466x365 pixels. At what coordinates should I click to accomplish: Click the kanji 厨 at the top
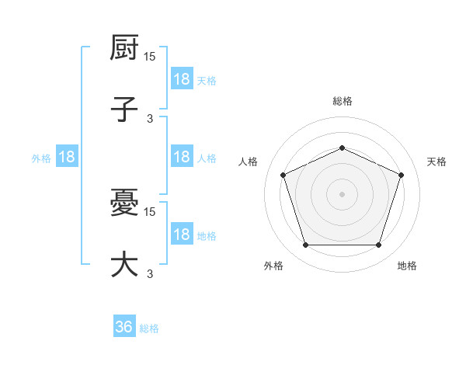(x=124, y=49)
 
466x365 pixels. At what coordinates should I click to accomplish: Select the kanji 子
(x=124, y=109)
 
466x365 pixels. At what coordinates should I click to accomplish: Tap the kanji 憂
(x=124, y=204)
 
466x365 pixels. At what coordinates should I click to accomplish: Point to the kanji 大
(x=124, y=264)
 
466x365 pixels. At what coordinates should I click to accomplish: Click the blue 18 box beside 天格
(x=182, y=79)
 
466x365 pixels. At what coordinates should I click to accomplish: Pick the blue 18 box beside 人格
(x=182, y=157)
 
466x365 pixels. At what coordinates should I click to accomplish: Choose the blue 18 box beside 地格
(x=182, y=235)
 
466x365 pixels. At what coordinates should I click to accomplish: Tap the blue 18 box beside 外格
(x=67, y=157)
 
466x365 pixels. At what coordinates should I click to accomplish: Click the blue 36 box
(x=124, y=327)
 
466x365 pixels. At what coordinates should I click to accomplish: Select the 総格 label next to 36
(x=150, y=328)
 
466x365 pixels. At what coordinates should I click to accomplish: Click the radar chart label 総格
(x=343, y=101)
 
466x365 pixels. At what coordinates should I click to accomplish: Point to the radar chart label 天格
(x=436, y=162)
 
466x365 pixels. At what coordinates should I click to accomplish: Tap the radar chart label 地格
(x=407, y=266)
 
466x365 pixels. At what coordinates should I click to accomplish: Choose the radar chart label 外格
(x=273, y=266)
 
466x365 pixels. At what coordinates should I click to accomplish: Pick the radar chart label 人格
(x=249, y=162)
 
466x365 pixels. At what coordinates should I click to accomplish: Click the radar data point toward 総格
(x=342, y=148)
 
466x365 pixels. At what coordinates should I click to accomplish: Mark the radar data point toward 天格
(x=402, y=175)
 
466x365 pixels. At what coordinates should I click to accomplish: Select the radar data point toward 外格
(x=305, y=245)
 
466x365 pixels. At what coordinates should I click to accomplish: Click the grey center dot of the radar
(x=342, y=194)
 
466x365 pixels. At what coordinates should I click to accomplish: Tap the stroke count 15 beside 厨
(x=150, y=57)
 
